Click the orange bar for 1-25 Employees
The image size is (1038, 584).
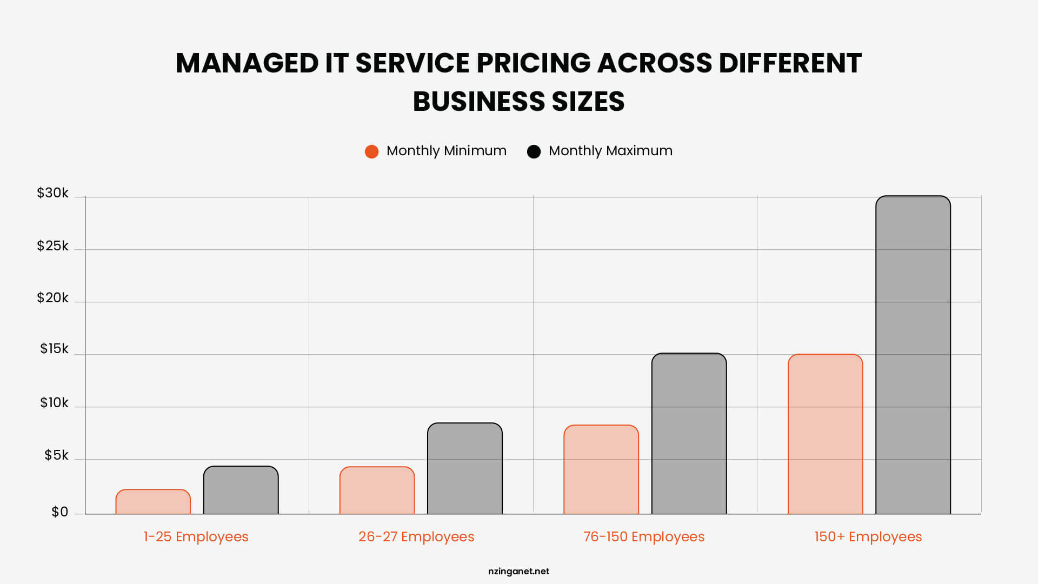[x=153, y=502]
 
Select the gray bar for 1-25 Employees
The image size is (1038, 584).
[x=241, y=490]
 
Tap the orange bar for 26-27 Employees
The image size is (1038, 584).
[x=377, y=490]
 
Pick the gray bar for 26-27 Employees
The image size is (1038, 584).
[x=464, y=468]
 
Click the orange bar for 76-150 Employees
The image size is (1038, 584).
[x=601, y=469]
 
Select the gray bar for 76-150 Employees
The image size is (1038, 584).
[x=689, y=434]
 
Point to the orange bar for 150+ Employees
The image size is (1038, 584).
[x=825, y=434]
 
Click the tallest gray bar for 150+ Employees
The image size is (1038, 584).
[x=913, y=355]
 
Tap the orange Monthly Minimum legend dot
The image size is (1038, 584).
[x=371, y=151]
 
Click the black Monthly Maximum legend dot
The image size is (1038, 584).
[x=534, y=151]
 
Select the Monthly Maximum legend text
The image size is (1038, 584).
[x=610, y=151]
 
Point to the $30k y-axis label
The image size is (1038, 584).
[x=52, y=193]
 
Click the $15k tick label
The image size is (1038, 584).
[x=54, y=349]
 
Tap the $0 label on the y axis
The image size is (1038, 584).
[x=59, y=512]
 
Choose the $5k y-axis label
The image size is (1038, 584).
[x=56, y=455]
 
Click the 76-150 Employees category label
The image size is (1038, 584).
[x=643, y=536]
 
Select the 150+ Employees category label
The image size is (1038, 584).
[x=868, y=536]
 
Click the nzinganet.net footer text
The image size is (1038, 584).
[x=518, y=571]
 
